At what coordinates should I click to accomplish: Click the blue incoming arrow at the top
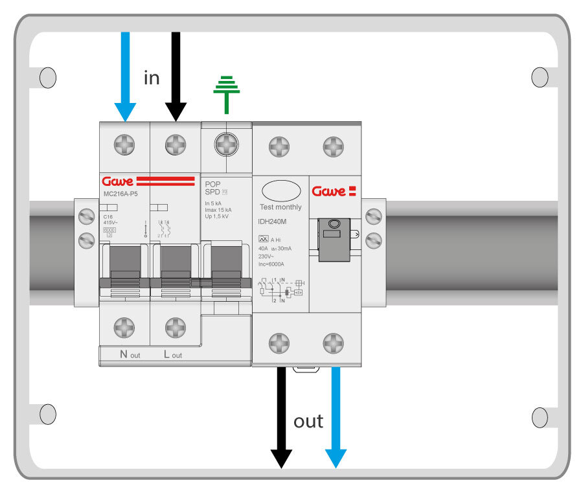[x=124, y=71]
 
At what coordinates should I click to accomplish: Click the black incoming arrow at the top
[x=175, y=71]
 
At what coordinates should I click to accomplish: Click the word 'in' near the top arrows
[x=151, y=78]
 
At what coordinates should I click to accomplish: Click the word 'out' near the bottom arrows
[x=308, y=421]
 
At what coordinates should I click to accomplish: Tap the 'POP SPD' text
[x=214, y=188]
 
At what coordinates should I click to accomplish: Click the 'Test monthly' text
[x=280, y=207]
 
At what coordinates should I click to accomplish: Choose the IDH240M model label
[x=273, y=222]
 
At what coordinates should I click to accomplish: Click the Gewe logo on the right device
[x=334, y=191]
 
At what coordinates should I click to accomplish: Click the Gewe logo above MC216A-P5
[x=117, y=181]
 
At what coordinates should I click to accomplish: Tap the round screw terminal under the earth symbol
[x=226, y=143]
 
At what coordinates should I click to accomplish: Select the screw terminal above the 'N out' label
[x=124, y=327]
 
